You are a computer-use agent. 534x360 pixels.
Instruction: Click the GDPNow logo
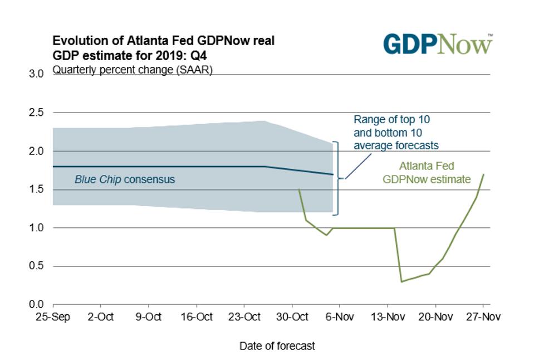click(438, 44)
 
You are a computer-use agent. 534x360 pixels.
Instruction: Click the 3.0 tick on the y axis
click(36, 74)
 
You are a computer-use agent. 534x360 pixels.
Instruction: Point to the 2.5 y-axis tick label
click(36, 113)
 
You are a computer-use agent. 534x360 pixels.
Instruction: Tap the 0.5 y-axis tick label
click(36, 266)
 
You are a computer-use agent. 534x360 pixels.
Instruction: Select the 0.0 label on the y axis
click(36, 305)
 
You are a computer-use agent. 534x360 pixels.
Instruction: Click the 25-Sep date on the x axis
click(53, 317)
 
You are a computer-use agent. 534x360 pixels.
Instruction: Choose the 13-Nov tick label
click(388, 317)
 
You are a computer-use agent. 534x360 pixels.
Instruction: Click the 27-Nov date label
click(483, 317)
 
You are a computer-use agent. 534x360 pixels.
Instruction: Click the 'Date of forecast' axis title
click(277, 346)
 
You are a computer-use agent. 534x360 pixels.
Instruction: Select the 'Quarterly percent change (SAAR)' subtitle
click(133, 70)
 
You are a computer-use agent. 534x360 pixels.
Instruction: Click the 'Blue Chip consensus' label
click(125, 179)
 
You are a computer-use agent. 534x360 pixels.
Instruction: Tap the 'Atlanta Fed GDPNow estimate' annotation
click(427, 173)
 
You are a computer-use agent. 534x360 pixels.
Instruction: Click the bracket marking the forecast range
click(336, 178)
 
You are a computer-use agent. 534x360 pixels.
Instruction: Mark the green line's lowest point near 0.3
click(401, 281)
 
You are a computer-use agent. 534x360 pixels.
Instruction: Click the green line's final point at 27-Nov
click(483, 174)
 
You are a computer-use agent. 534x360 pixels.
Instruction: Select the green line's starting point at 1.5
click(299, 189)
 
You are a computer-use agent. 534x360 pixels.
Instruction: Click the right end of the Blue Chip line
click(333, 174)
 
